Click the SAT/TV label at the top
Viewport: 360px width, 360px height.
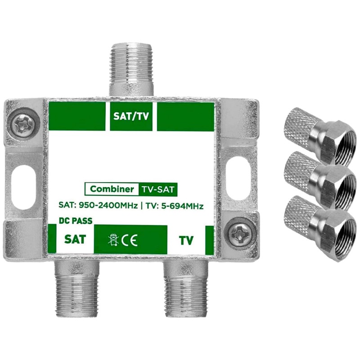click(x=131, y=117)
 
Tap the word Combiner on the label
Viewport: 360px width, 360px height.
click(x=112, y=189)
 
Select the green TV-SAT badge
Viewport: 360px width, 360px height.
click(x=158, y=189)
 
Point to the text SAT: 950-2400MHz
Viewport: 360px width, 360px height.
click(x=98, y=205)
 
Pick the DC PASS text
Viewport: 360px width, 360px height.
click(x=76, y=221)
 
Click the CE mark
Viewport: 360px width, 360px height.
click(x=130, y=240)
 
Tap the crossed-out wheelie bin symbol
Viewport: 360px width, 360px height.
click(x=113, y=240)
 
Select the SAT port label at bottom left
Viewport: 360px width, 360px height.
click(x=75, y=239)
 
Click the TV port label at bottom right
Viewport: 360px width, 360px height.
click(x=186, y=241)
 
